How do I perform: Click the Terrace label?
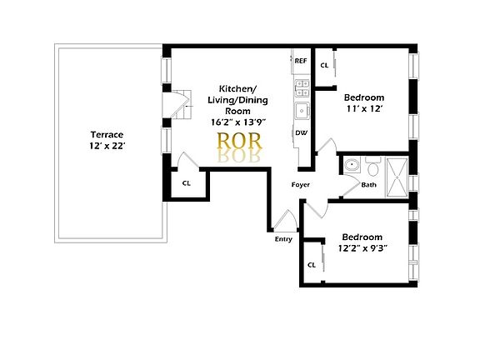tap(107, 134)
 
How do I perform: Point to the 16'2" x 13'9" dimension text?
tap(237, 122)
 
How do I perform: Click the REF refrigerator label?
tap(301, 61)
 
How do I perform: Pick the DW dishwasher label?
tap(300, 132)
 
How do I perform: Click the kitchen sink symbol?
tap(299, 111)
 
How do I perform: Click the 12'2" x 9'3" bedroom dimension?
tap(363, 247)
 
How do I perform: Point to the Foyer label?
tap(301, 184)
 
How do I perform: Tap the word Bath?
tap(368, 185)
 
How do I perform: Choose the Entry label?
tap(283, 240)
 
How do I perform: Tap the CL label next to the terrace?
tap(187, 183)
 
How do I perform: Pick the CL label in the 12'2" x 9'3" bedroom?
tap(312, 265)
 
